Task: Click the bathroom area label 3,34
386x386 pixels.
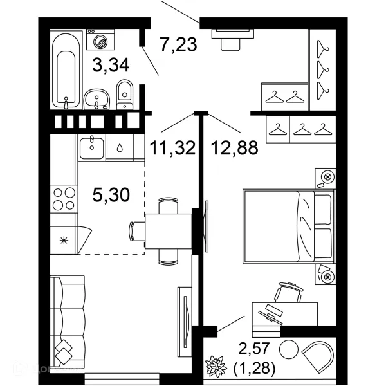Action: coord(111,66)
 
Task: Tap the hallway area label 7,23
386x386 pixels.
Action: coord(178,44)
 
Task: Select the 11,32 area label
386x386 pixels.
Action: coord(172,148)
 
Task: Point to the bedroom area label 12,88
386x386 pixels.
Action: coord(234,148)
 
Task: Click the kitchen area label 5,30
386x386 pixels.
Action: coord(111,194)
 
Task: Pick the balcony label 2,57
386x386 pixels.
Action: coord(254,348)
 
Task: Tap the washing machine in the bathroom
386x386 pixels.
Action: coord(100,40)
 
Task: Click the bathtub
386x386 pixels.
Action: coord(66,70)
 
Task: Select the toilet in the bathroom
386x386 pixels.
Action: coord(125,95)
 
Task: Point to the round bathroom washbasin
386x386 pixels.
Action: coord(96,100)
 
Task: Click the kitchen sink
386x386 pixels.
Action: coord(92,148)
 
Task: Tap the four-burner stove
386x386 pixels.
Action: coord(64,199)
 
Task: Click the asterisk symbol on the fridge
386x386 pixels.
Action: coord(64,241)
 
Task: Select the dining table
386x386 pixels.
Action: coord(168,231)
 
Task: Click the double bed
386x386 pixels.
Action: coord(288,226)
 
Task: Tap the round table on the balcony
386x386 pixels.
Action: coord(289,349)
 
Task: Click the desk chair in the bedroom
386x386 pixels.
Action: coord(288,292)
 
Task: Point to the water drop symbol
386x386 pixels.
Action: coord(120,148)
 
